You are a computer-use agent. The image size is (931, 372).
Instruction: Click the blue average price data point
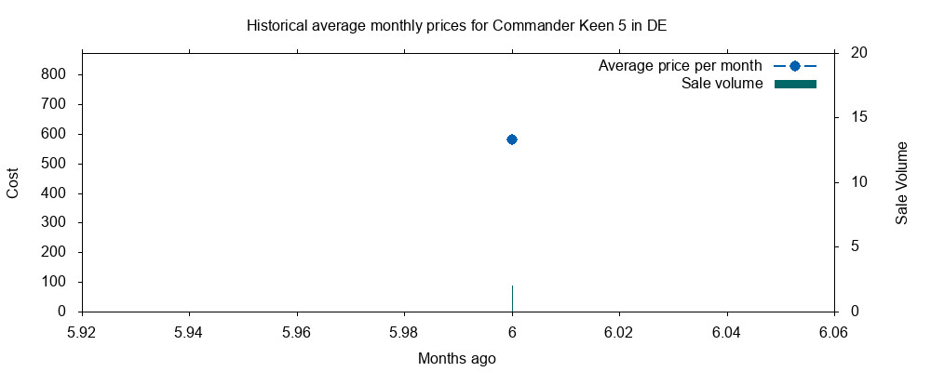click(512, 139)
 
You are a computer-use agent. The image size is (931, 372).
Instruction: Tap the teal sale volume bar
click(512, 299)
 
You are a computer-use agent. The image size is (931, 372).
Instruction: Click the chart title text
click(456, 26)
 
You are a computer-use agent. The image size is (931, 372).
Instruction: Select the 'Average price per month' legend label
click(680, 66)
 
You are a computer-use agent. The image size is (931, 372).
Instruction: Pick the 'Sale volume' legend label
click(722, 85)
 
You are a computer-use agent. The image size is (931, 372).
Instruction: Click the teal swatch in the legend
click(795, 85)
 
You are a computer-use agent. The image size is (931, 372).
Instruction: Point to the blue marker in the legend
click(795, 66)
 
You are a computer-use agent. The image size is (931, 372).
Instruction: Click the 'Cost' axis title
click(13, 181)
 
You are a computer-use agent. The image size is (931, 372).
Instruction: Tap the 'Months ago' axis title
click(456, 358)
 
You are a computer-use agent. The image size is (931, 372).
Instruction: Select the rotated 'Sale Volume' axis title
click(901, 183)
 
